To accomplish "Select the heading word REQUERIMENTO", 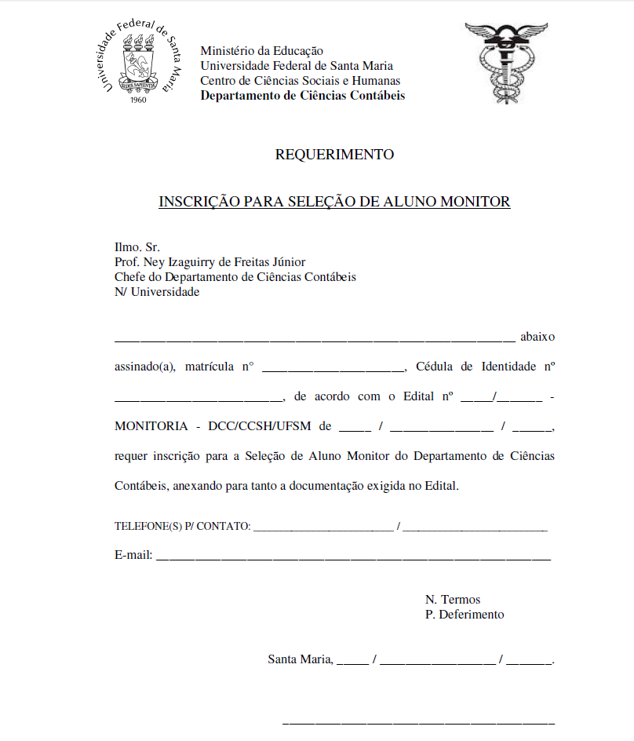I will coord(334,155).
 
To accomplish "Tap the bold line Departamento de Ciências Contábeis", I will coord(303,96).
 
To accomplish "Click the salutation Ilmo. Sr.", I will coord(137,247).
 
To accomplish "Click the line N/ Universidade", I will coord(157,292).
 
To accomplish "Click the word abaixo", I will coord(537,337).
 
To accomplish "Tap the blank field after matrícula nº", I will coord(333,367).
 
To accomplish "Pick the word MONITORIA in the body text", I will coord(151,426).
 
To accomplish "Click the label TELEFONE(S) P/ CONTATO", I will coord(183,526).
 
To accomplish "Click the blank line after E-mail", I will coord(353,557).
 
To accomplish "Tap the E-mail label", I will coord(133,555).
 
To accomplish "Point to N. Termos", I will coord(453,600).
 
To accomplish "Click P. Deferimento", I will coord(465,615).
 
